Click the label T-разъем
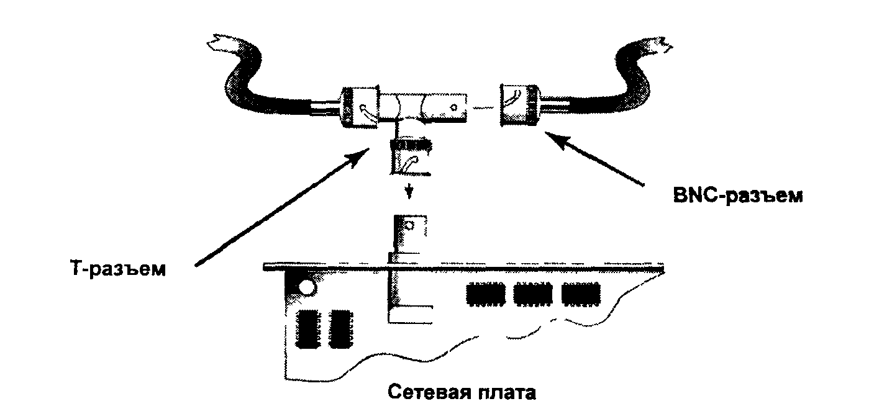point(117,270)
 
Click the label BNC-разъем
point(738,196)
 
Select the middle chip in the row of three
point(532,294)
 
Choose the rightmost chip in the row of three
point(580,294)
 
